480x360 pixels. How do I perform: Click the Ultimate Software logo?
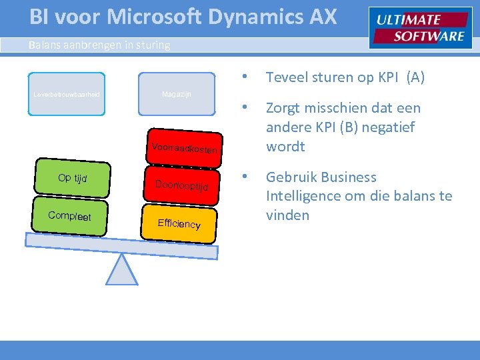pyautogui.click(x=420, y=29)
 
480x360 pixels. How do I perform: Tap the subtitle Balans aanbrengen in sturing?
pyautogui.click(x=99, y=45)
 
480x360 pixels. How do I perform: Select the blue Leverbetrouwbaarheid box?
pyautogui.click(x=67, y=95)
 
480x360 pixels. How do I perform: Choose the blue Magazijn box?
pyautogui.click(x=177, y=95)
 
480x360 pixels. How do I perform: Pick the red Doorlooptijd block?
pyautogui.click(x=181, y=185)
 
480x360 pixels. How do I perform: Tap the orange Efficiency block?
pyautogui.click(x=179, y=223)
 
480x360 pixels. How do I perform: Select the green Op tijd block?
pyautogui.click(x=72, y=178)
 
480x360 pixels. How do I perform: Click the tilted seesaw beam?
pyautogui.click(x=120, y=244)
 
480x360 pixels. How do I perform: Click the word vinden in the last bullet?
pyautogui.click(x=287, y=215)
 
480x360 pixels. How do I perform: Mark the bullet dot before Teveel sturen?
pyautogui.click(x=245, y=77)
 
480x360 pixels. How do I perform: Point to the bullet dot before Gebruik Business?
pyautogui.click(x=245, y=177)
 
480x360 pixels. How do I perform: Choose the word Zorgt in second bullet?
pyautogui.click(x=284, y=108)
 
